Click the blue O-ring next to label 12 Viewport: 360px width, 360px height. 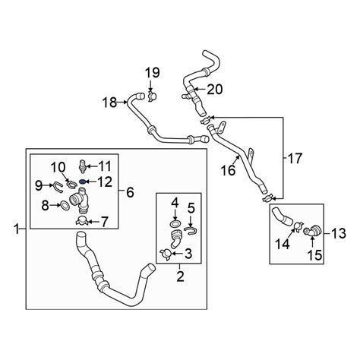[x=82, y=182]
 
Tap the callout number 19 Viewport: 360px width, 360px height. [x=152, y=73]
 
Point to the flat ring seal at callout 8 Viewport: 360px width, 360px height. [x=65, y=205]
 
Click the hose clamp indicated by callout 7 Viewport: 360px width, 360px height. [x=82, y=221]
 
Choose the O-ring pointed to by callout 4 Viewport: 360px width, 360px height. [x=175, y=223]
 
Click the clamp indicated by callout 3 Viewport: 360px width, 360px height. [x=166, y=254]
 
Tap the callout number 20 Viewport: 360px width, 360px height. [x=215, y=89]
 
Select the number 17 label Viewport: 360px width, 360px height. [x=295, y=158]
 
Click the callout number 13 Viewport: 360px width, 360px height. [x=339, y=233]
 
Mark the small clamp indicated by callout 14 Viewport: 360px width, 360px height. [x=298, y=226]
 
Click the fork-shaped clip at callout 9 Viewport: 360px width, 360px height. [x=56, y=187]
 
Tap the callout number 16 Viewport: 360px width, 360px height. [x=228, y=170]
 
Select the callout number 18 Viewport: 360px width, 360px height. [x=109, y=103]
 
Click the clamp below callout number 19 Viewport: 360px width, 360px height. [x=152, y=96]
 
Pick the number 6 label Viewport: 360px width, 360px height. [x=130, y=193]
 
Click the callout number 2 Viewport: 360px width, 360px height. [x=180, y=276]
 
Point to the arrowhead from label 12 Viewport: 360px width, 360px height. [x=87, y=182]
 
